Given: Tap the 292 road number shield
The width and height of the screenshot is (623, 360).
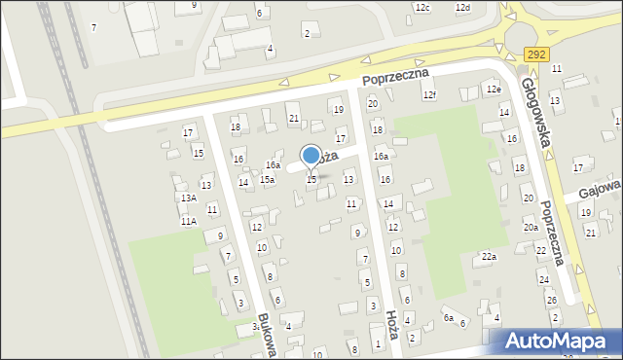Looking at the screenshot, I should point(533,55).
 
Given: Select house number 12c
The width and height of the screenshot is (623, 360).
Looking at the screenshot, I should point(421,8).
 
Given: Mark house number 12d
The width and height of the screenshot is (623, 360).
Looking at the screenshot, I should point(462,8).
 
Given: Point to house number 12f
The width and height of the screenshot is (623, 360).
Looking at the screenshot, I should point(429,94).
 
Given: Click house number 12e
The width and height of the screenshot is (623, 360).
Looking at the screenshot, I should point(494,90).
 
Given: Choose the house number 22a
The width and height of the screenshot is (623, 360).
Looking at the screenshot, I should point(489,257).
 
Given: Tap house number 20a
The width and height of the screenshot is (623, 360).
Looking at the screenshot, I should point(531,227).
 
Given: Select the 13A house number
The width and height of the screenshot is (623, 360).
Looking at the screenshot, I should point(188,198).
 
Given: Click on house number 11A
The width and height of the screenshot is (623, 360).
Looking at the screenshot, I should point(188,222).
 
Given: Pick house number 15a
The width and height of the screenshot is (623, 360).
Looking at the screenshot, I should point(267,179).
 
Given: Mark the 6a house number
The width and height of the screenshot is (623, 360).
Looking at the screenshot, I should point(449,317).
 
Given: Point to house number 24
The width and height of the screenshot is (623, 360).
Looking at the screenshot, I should point(544,279).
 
